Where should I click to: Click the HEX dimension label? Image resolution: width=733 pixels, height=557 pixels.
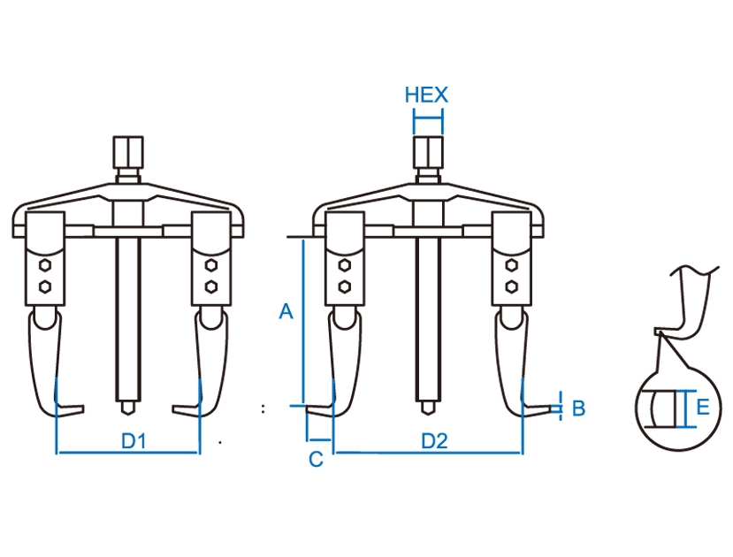coord(426,95)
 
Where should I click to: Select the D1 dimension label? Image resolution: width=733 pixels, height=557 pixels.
coord(134,440)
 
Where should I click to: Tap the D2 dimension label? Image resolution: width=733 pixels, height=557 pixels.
coord(434,440)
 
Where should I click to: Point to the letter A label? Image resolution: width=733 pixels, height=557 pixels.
coord(286,310)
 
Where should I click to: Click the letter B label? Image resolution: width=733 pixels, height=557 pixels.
coord(579,408)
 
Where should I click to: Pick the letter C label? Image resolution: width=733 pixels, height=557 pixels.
coord(316,460)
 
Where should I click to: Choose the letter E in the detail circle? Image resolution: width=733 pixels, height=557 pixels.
coord(703,407)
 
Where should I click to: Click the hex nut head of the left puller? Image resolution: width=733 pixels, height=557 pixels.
coord(128,152)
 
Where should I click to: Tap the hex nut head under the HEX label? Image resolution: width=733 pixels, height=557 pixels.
coord(428,152)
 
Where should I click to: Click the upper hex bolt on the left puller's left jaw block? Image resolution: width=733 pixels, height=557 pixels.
coord(45,265)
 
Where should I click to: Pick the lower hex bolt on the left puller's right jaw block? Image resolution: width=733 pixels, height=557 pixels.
coord(210,286)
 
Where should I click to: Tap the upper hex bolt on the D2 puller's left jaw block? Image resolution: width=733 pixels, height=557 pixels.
coord(345,265)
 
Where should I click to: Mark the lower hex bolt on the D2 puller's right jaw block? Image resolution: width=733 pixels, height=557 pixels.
coord(511,286)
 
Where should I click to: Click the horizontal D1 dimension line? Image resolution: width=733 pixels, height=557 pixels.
coord(128,453)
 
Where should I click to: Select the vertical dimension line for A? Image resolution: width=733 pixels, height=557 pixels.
coord(303,322)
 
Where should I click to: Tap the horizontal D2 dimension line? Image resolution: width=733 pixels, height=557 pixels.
coord(428,453)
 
